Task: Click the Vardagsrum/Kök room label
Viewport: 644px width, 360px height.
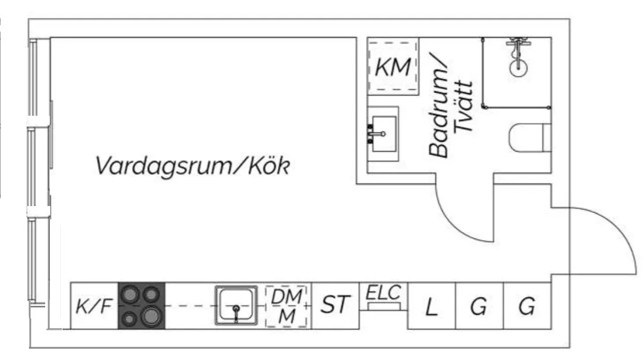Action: tap(192, 166)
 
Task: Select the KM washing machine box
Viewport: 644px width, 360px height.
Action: tap(393, 67)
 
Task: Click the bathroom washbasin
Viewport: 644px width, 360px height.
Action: tap(384, 133)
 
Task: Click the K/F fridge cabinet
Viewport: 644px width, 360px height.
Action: tap(93, 306)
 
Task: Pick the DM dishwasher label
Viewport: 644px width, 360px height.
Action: tap(288, 296)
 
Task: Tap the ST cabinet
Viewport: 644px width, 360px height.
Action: tap(336, 305)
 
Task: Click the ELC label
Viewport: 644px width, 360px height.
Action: tap(384, 292)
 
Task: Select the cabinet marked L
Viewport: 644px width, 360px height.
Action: tap(431, 307)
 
